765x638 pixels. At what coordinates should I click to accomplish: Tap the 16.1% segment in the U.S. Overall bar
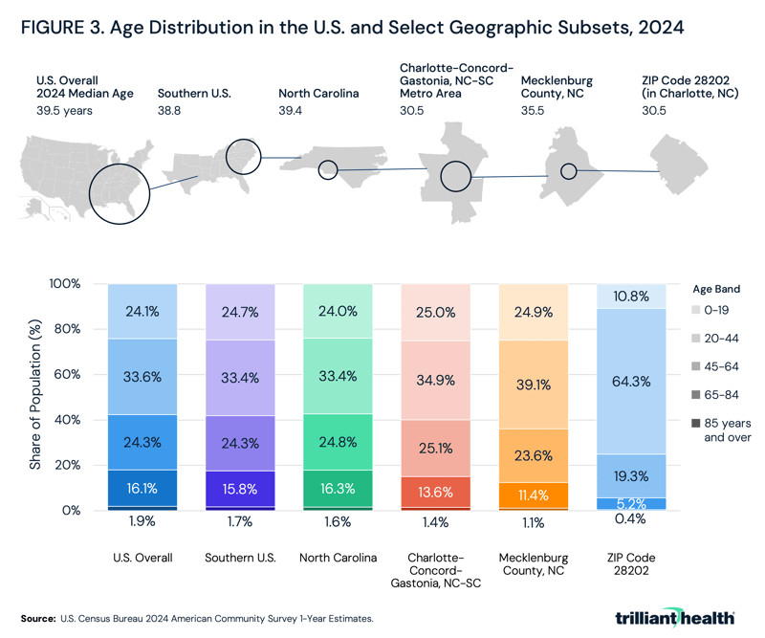coord(142,487)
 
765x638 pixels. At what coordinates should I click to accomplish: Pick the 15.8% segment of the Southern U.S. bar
coord(239,487)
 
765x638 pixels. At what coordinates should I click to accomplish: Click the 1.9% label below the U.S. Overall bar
coord(142,523)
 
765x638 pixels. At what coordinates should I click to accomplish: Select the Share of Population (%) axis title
coord(35,397)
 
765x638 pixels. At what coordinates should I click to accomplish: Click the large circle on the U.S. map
coord(119,192)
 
